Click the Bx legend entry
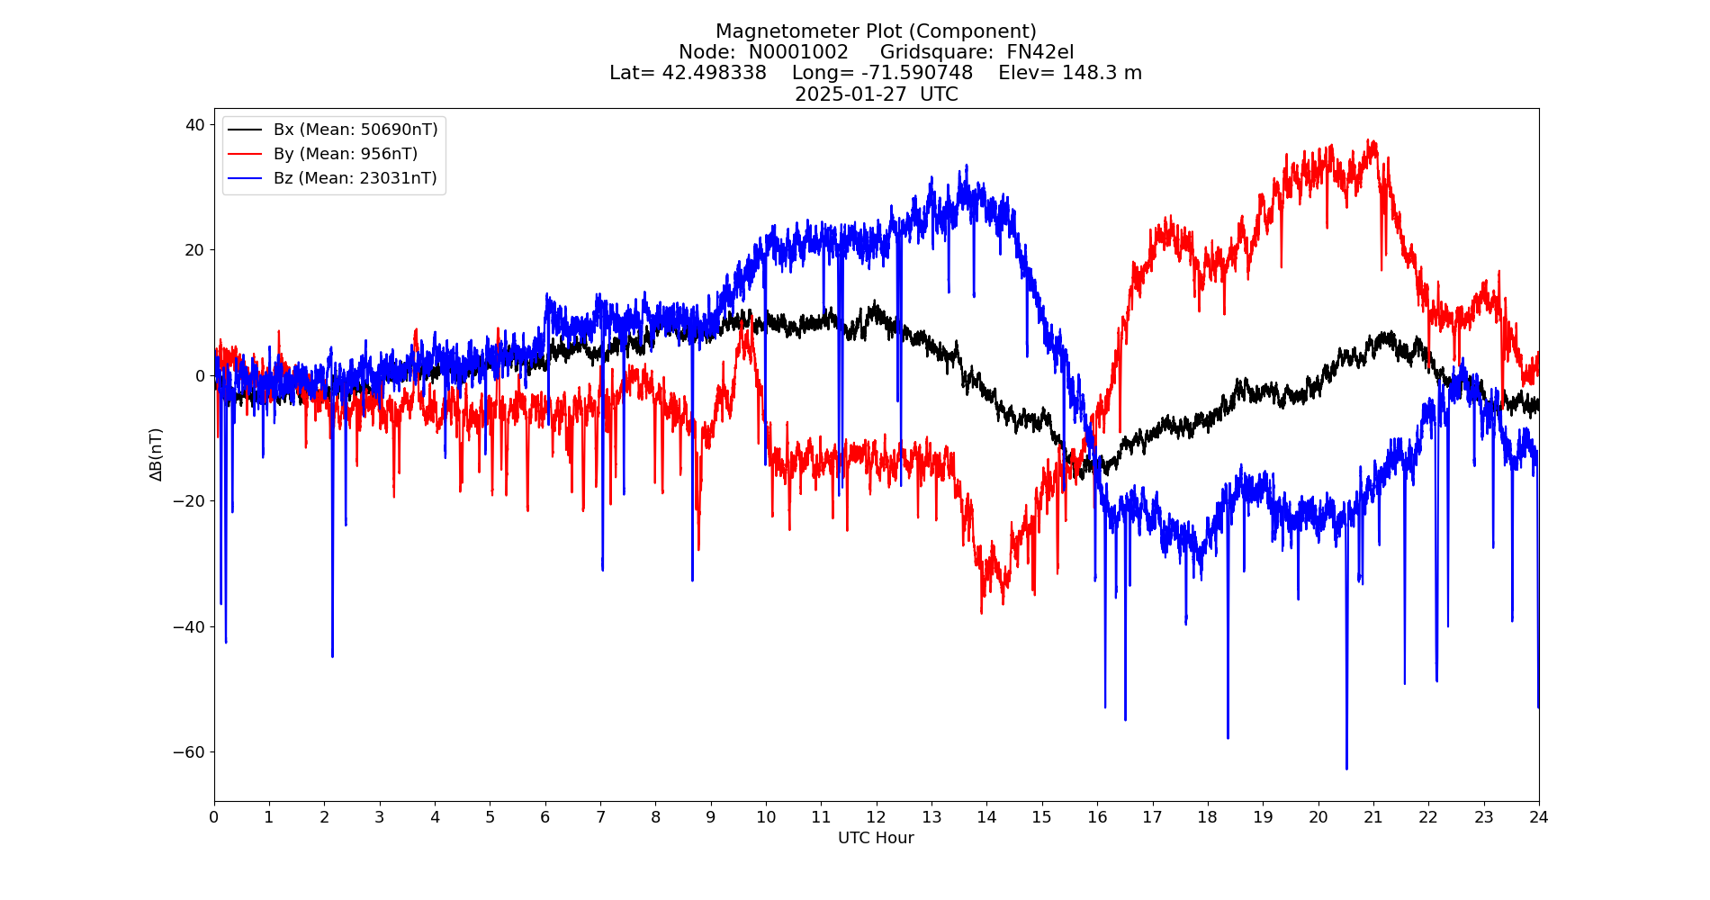pyautogui.click(x=355, y=130)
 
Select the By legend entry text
pyautogui.click(x=345, y=154)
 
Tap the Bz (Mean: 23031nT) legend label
pyautogui.click(x=355, y=178)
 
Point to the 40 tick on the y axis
pyautogui.click(x=195, y=124)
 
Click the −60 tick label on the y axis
pyautogui.click(x=191, y=752)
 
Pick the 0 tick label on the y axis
pyautogui.click(x=201, y=375)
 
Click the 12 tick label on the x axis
pyautogui.click(x=876, y=817)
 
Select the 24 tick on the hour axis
pyautogui.click(x=1538, y=817)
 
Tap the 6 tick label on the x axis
pyautogui.click(x=544, y=817)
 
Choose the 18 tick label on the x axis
pyautogui.click(x=1207, y=817)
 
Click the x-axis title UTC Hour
pyautogui.click(x=876, y=838)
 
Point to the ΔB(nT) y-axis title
pyautogui.click(x=157, y=454)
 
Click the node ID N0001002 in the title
pyautogui.click(x=798, y=52)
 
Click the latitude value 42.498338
pyautogui.click(x=715, y=73)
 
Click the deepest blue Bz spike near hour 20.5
pyautogui.click(x=1346, y=768)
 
